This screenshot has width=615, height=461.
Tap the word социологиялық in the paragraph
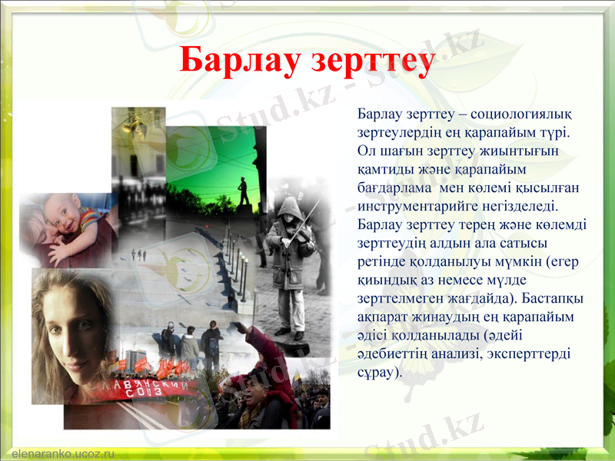(524, 114)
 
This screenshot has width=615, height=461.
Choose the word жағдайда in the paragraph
(468, 299)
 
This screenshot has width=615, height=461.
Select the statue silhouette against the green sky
(244, 192)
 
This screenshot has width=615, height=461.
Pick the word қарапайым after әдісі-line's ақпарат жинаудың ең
(545, 317)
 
